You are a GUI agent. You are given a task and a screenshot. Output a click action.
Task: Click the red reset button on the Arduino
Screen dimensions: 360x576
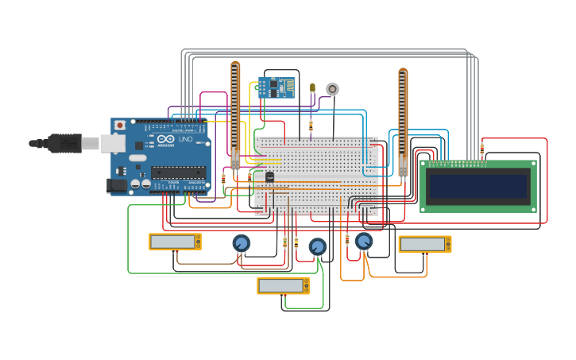120,126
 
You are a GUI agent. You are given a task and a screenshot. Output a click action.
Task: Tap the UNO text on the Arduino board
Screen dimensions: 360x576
184,139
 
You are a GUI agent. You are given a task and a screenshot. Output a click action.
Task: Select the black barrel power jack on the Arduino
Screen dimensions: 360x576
116,185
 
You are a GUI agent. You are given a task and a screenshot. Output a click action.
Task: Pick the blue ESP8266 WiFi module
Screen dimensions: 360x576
276,87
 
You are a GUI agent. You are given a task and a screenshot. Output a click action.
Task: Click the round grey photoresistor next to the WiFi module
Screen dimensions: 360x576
332,89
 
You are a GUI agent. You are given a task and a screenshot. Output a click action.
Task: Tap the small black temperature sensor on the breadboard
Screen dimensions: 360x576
269,176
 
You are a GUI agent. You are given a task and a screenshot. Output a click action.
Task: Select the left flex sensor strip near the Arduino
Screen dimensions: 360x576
235,111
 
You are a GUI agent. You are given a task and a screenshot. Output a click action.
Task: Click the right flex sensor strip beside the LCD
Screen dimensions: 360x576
403,119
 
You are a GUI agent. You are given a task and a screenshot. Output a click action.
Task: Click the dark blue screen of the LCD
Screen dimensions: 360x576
477,187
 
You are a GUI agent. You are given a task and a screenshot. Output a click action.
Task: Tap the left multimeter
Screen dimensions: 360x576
175,242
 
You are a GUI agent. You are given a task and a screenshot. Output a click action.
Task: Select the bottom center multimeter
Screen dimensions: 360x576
283,285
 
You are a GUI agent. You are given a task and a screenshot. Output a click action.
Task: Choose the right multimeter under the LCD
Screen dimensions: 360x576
424,244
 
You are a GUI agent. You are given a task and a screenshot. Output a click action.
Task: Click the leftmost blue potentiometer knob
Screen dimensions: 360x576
242,242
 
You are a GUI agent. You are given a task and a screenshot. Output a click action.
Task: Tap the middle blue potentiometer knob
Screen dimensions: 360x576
318,246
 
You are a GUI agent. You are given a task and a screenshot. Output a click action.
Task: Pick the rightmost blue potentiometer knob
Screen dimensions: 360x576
364,241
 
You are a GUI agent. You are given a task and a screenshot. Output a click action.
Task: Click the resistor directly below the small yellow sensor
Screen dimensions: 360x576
311,126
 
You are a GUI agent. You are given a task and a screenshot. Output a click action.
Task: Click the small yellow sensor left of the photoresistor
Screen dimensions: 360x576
312,87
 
